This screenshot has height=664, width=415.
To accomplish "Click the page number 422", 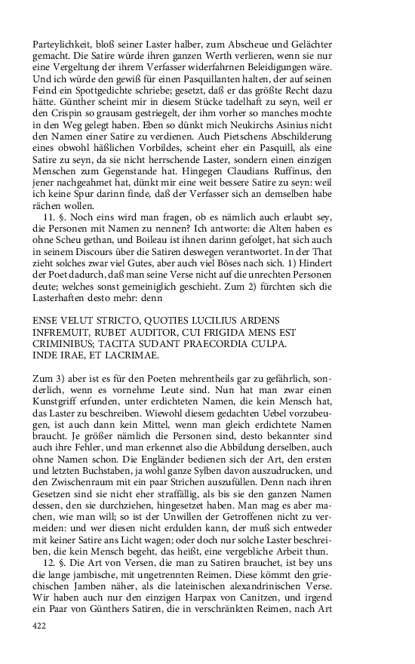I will (40, 647).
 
